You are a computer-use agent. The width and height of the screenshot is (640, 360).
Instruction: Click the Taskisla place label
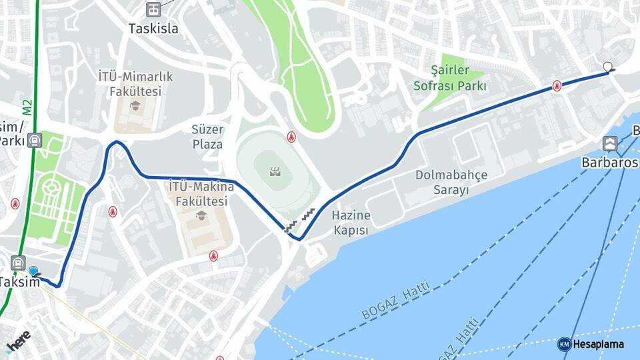coord(154,29)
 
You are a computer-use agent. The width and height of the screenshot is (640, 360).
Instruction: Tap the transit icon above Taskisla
coord(154,9)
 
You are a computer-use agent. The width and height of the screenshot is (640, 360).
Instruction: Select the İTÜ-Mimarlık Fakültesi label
coord(135,83)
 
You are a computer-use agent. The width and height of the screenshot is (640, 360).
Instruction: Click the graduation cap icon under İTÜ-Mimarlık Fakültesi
coord(135,105)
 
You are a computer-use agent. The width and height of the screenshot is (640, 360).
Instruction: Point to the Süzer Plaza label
coord(208,136)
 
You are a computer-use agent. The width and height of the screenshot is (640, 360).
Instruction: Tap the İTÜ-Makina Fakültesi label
coord(198,193)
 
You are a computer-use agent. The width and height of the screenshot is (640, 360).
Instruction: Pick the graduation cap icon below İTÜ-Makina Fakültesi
coord(199,215)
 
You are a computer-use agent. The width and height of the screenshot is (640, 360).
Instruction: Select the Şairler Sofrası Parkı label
coord(450,78)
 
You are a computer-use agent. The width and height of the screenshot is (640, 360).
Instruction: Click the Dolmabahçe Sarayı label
coord(451,182)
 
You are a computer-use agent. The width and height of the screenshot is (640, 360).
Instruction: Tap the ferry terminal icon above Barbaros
coord(609,143)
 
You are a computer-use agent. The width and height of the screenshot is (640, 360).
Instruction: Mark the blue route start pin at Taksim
coord(33,271)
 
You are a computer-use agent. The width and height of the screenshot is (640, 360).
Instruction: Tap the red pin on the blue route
coord(557,85)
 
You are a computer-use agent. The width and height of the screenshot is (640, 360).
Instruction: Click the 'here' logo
coord(18,339)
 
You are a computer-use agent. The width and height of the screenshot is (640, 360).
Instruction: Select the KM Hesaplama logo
coord(591,344)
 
